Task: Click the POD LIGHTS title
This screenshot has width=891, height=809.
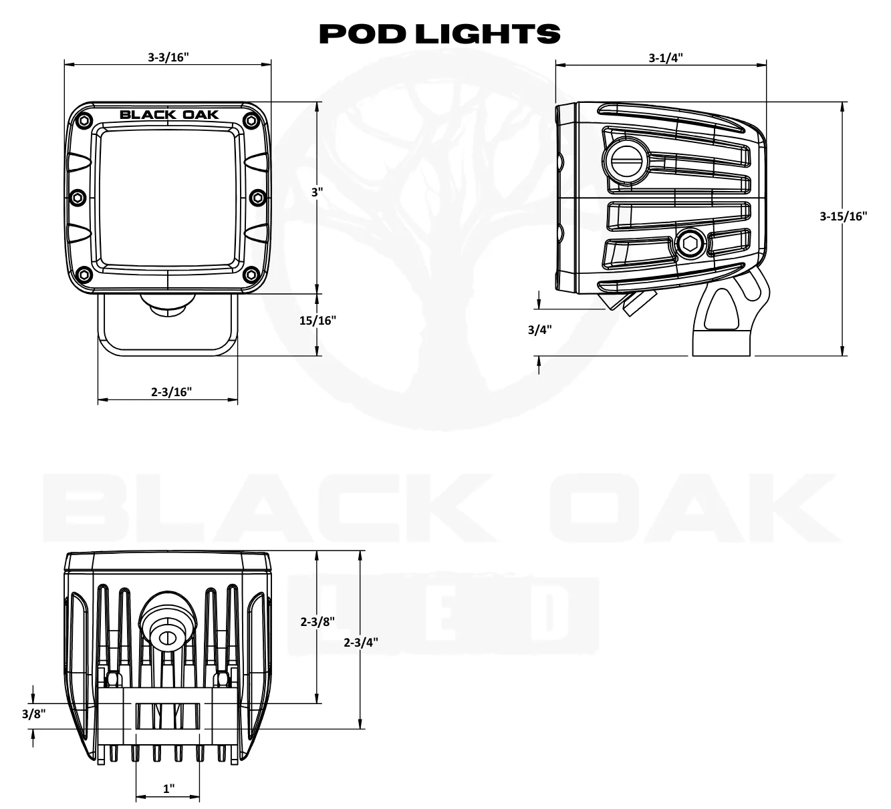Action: click(439, 33)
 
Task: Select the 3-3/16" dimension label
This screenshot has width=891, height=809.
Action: click(168, 57)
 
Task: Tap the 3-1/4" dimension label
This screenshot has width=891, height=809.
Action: click(665, 57)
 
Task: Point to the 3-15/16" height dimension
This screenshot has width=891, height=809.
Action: click(843, 216)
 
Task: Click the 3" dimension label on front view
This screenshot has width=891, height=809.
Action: click(317, 192)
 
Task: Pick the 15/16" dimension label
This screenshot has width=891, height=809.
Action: click(317, 320)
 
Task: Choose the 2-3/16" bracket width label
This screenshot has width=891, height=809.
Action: click(171, 392)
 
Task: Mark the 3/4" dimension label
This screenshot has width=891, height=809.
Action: click(539, 329)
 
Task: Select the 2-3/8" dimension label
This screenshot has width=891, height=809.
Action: click(317, 621)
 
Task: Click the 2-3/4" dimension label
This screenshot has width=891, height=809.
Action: click(361, 642)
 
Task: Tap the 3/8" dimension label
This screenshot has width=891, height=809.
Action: click(33, 714)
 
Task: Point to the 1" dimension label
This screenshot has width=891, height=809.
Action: click(168, 788)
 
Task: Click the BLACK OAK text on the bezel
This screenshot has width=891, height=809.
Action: click(169, 114)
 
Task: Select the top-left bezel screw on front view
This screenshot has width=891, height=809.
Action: click(84, 121)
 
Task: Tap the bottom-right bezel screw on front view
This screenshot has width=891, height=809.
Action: click(251, 274)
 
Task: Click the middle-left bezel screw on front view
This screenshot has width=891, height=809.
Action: click(78, 197)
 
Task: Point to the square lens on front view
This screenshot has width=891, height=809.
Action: click(168, 198)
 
